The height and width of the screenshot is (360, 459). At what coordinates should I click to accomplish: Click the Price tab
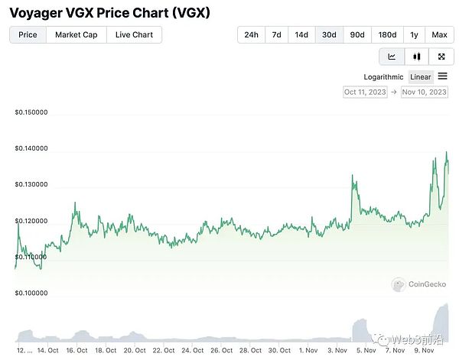(x=28, y=34)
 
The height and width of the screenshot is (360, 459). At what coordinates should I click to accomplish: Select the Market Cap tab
(x=76, y=34)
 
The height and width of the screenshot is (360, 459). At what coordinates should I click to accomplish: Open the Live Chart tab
(x=134, y=34)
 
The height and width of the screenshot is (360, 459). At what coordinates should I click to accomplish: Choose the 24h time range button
(x=251, y=34)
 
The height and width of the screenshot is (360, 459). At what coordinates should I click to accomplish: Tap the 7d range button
(x=277, y=34)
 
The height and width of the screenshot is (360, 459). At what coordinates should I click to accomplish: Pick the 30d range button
(x=329, y=34)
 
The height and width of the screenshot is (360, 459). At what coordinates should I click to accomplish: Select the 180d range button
(x=387, y=34)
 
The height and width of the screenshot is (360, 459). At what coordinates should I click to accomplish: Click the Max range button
(x=439, y=34)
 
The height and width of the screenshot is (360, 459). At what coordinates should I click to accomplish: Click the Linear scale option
(x=421, y=76)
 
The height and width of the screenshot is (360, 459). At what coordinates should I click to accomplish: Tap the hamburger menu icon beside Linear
(x=443, y=76)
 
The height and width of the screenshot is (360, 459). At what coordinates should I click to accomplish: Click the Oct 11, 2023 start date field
(x=366, y=92)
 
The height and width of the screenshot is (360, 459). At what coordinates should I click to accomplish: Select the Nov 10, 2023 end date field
(x=424, y=92)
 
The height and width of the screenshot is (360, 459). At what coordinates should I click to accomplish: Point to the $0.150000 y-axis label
(x=31, y=112)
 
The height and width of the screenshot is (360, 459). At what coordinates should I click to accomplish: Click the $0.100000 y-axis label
(x=31, y=293)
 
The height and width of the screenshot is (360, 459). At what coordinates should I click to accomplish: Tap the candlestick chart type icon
(x=417, y=57)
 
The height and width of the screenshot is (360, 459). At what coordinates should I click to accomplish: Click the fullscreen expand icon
(x=441, y=57)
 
